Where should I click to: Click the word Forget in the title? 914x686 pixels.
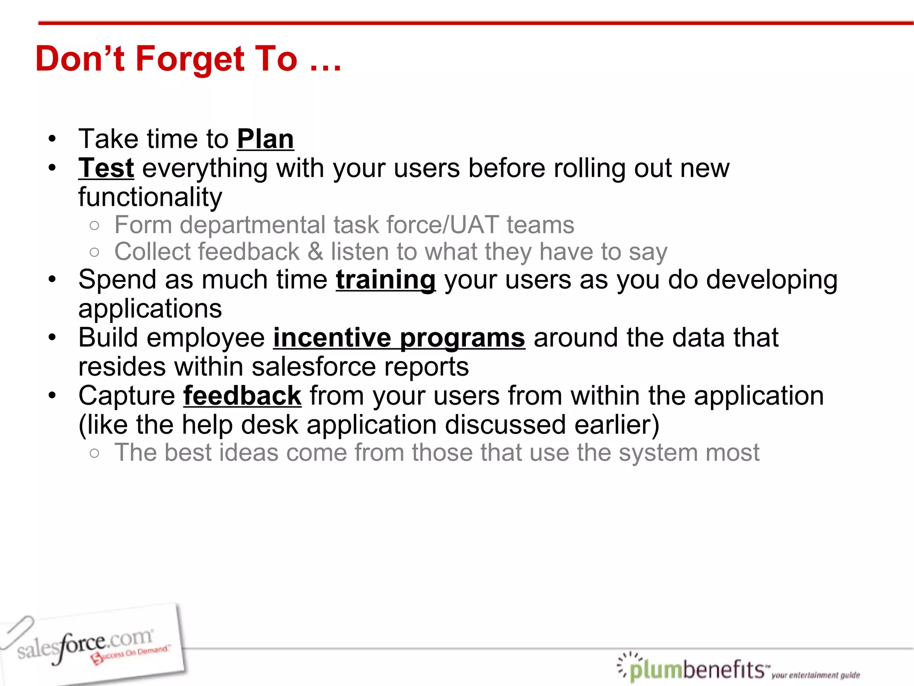tap(190, 59)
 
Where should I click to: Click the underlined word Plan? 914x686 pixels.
tap(265, 139)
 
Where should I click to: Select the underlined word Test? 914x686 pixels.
tap(106, 168)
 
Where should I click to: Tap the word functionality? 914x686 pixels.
tap(150, 197)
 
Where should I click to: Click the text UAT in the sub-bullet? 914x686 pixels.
tap(474, 225)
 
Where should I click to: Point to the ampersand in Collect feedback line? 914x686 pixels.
tap(315, 251)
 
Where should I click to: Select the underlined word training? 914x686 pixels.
tap(386, 280)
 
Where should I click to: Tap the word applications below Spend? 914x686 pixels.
tap(150, 309)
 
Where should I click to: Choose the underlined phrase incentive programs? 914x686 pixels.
tap(399, 338)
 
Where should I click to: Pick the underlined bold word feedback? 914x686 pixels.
tap(242, 396)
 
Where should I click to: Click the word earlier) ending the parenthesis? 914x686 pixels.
tap(616, 425)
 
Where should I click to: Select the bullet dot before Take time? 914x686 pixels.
tap(53, 139)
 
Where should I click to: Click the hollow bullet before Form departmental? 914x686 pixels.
tap(94, 226)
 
